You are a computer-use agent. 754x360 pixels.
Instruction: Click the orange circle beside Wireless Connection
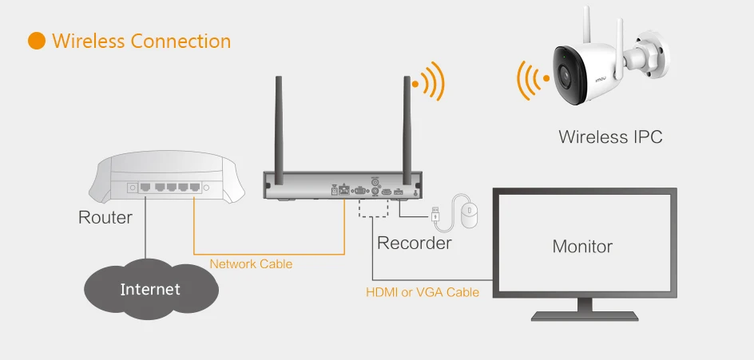point(37,41)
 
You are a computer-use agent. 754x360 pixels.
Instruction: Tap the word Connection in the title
point(181,41)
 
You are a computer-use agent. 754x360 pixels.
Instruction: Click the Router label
point(105,217)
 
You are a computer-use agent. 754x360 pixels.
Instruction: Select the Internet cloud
point(151,289)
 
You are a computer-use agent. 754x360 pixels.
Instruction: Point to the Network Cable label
point(251,264)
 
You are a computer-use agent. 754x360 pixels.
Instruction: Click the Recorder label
point(414,243)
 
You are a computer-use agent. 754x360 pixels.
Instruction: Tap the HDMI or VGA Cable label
point(423,291)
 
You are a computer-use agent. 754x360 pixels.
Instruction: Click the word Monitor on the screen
point(582,247)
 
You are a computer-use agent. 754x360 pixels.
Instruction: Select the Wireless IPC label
point(610,137)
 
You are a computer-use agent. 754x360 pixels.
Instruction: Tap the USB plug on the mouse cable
point(435,214)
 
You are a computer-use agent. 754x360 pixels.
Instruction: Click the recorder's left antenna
point(279,130)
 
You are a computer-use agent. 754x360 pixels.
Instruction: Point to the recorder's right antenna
point(407,130)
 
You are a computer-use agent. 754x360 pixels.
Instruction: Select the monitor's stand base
point(585,316)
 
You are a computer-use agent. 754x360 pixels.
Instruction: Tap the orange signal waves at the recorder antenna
point(429,81)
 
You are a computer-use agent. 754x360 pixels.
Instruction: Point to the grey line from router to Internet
point(145,227)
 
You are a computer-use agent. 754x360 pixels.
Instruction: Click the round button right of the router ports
point(206,188)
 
